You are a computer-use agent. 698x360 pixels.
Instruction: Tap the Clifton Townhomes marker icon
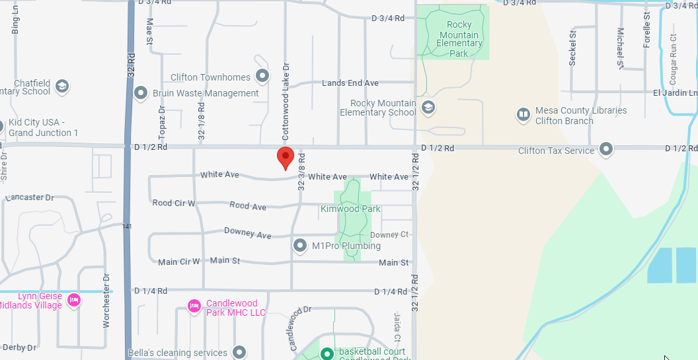click(262, 76)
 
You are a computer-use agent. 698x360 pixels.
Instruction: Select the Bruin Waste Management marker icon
click(140, 93)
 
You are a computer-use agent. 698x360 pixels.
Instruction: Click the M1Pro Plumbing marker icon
click(300, 246)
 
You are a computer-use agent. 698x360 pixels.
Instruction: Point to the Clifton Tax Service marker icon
click(605, 149)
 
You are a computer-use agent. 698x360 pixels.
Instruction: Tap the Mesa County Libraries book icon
click(523, 115)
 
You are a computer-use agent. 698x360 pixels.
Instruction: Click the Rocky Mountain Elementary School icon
click(428, 107)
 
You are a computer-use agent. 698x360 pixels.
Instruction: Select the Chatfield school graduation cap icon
click(62, 86)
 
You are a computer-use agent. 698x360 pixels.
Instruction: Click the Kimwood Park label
click(350, 209)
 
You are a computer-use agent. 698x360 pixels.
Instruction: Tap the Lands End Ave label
click(350, 83)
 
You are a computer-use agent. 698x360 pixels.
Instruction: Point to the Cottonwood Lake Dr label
click(286, 102)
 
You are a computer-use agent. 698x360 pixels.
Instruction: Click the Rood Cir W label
click(174, 203)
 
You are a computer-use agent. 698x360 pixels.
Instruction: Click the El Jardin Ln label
click(675, 93)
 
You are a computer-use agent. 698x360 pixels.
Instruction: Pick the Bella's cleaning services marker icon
click(239, 352)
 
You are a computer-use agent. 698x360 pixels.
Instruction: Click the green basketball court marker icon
click(327, 353)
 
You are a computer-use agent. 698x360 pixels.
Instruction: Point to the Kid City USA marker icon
click(1, 126)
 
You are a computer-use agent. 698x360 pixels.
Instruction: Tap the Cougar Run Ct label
click(674, 59)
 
